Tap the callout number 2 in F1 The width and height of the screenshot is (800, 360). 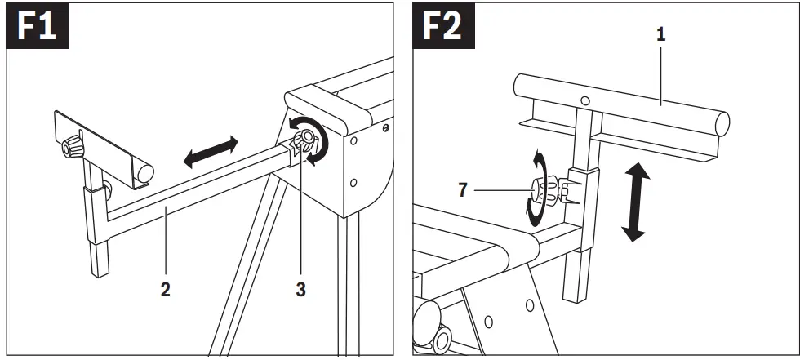click(165, 290)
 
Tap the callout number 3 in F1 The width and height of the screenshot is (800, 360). click(301, 290)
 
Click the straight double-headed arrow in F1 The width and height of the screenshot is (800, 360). click(211, 153)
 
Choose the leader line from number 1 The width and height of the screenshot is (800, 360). click(660, 69)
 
